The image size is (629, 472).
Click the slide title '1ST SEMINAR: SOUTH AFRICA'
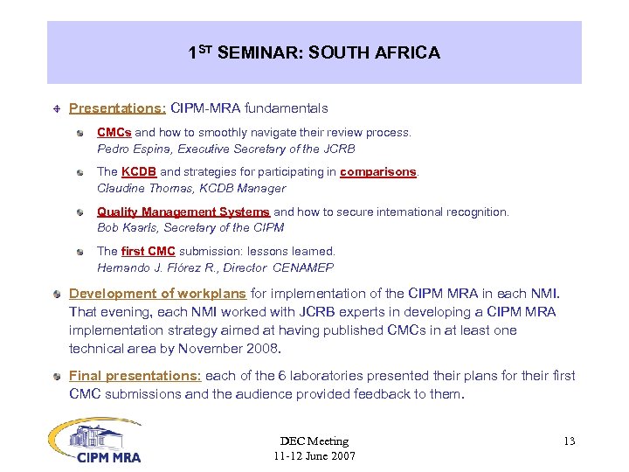(x=314, y=53)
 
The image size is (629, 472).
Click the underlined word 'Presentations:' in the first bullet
(x=118, y=109)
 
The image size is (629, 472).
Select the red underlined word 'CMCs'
(x=114, y=133)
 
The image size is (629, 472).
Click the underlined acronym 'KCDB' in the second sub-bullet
(x=139, y=172)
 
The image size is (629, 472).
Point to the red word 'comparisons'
(x=378, y=172)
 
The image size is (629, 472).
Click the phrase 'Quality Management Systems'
(x=183, y=212)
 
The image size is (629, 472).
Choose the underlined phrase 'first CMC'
(x=149, y=251)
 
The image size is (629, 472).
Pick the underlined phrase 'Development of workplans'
(x=157, y=294)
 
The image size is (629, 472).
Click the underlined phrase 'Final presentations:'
(x=135, y=376)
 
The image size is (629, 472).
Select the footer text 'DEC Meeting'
(x=314, y=441)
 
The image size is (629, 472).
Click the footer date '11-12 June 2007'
(x=314, y=456)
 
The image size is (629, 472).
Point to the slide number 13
(x=569, y=441)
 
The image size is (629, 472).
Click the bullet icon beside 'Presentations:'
(x=56, y=109)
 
